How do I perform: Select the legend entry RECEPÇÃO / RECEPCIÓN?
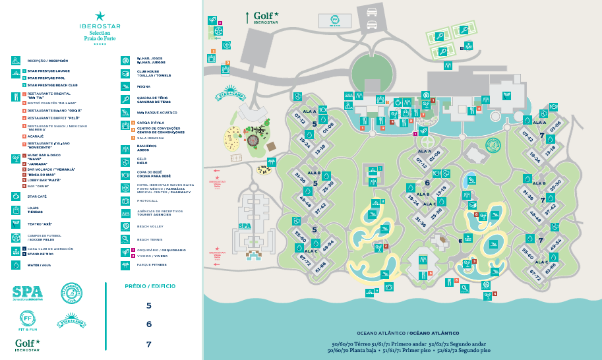coord(47,61)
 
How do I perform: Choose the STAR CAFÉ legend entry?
coord(36,196)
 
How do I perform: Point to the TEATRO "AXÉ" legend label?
coord(40,224)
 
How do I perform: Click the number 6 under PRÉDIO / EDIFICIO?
coord(148,324)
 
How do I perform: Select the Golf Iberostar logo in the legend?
coord(28,344)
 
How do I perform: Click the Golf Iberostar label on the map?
coord(266,16)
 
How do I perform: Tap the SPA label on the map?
coord(245,225)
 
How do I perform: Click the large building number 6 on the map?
coord(427,183)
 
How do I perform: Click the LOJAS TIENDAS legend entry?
coord(36,210)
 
